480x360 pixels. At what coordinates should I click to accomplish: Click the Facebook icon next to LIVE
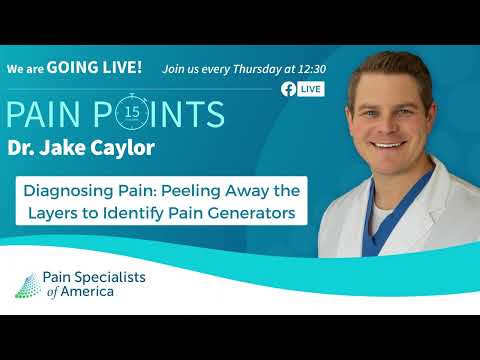coord(288,89)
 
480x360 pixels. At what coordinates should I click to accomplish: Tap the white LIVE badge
coord(310,89)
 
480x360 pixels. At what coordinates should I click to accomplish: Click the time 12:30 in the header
coord(309,68)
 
